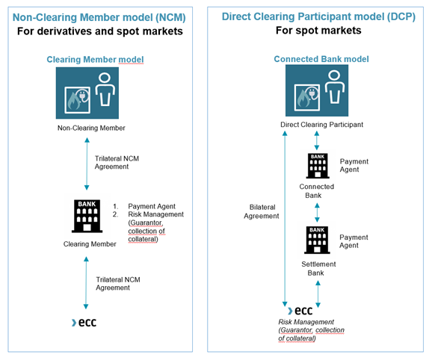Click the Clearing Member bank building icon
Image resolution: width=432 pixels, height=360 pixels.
coord(87,216)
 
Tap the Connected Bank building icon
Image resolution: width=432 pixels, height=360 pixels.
coord(318,166)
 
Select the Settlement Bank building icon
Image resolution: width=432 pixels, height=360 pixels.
coord(317,240)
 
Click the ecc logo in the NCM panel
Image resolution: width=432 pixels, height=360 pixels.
coord(84,323)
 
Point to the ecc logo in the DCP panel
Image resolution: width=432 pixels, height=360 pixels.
coord(300,311)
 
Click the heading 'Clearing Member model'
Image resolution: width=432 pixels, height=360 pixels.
coord(95,60)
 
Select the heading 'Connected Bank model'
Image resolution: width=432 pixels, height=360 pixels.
coord(321,59)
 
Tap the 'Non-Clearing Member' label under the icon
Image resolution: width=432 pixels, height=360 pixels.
coord(91,128)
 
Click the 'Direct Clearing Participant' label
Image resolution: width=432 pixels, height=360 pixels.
coord(321,125)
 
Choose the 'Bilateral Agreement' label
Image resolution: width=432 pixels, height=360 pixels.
coord(262,211)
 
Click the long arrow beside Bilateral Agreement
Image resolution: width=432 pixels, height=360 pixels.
coord(285,219)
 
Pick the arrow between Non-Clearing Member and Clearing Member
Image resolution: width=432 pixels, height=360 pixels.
coord(87,164)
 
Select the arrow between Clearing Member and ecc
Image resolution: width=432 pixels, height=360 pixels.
coord(86,283)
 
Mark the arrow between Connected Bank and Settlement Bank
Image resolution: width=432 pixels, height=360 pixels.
coord(317,212)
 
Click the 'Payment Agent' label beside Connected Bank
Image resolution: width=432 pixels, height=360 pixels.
coord(354,165)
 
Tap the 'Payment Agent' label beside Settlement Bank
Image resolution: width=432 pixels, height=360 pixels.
coord(354,241)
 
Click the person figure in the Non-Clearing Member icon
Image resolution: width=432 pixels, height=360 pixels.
coord(105,89)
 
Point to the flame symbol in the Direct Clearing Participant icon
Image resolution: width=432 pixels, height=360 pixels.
coord(303,99)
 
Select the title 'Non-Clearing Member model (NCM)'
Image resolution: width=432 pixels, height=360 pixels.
coord(99,17)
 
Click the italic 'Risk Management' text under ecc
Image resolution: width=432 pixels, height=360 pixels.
coord(306,322)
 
